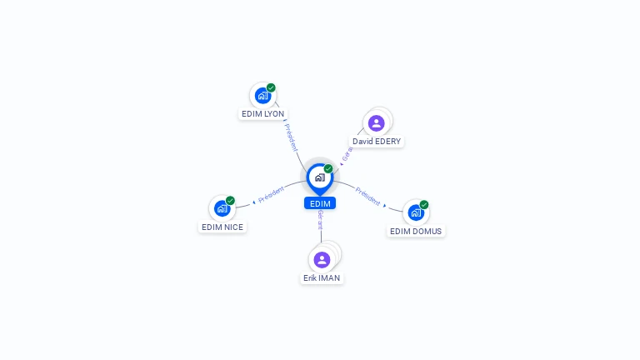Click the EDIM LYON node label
(x=262, y=113)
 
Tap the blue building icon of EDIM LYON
(x=262, y=96)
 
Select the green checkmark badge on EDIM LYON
(x=271, y=87)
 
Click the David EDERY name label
(x=377, y=142)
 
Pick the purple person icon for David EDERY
(x=377, y=123)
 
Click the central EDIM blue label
(x=320, y=203)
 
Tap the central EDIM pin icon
(x=319, y=177)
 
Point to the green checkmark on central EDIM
(x=328, y=168)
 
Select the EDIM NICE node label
(x=222, y=227)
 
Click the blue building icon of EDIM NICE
(x=222, y=208)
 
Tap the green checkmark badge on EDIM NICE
(x=230, y=201)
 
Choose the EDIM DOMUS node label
(x=416, y=231)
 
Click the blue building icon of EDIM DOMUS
(x=416, y=212)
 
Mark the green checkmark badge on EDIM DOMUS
(x=424, y=204)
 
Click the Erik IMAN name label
(x=322, y=277)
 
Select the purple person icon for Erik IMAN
(x=322, y=259)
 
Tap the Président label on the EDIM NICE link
(x=271, y=195)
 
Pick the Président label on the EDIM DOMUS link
(x=367, y=197)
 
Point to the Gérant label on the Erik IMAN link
(x=320, y=220)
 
